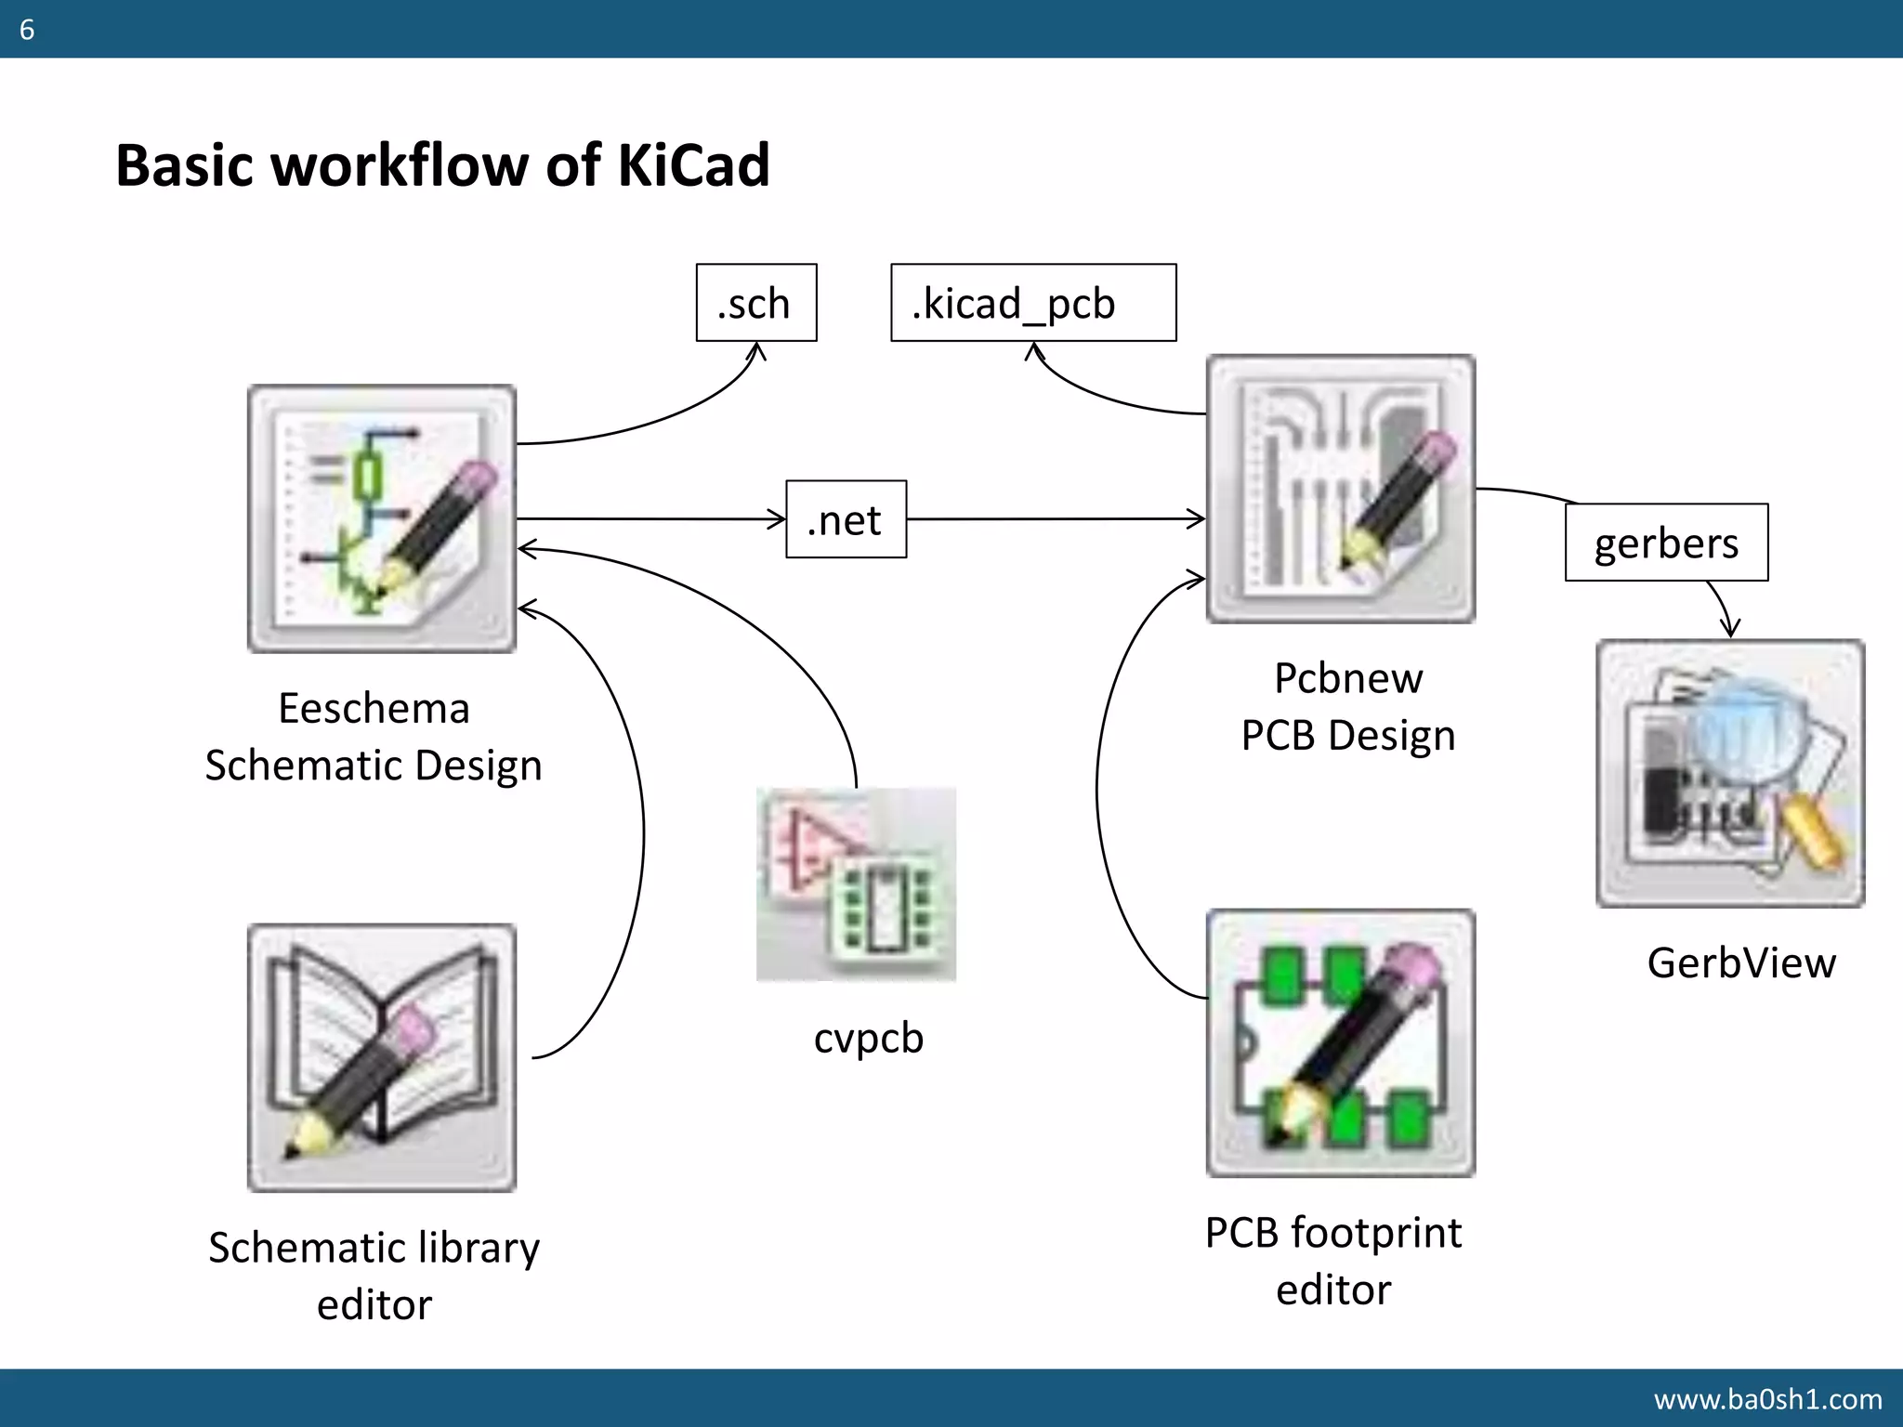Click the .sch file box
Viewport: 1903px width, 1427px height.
coord(756,303)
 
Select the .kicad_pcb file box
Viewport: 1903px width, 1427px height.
coord(1032,303)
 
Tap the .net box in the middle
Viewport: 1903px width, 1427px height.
coord(846,519)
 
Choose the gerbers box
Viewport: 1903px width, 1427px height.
coord(1666,543)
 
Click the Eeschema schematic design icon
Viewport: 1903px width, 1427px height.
coord(382,518)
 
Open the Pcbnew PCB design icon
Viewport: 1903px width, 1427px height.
coord(1340,489)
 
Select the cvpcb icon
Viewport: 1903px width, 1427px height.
coord(856,884)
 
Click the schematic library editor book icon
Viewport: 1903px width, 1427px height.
coord(382,1057)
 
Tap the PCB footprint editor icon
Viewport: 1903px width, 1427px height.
coord(1340,1043)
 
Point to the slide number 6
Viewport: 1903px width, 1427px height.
coord(27,30)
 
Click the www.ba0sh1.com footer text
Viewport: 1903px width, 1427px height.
coord(1767,1398)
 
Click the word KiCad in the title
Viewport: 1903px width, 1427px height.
coord(692,165)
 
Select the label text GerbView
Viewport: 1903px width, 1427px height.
coord(1741,962)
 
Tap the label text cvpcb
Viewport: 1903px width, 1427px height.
coord(869,1038)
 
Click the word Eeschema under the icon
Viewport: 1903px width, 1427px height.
coord(374,709)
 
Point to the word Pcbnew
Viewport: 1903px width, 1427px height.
coord(1347,678)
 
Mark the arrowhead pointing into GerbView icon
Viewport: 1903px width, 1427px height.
coord(1729,629)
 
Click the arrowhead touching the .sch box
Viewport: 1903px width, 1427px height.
coord(758,351)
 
